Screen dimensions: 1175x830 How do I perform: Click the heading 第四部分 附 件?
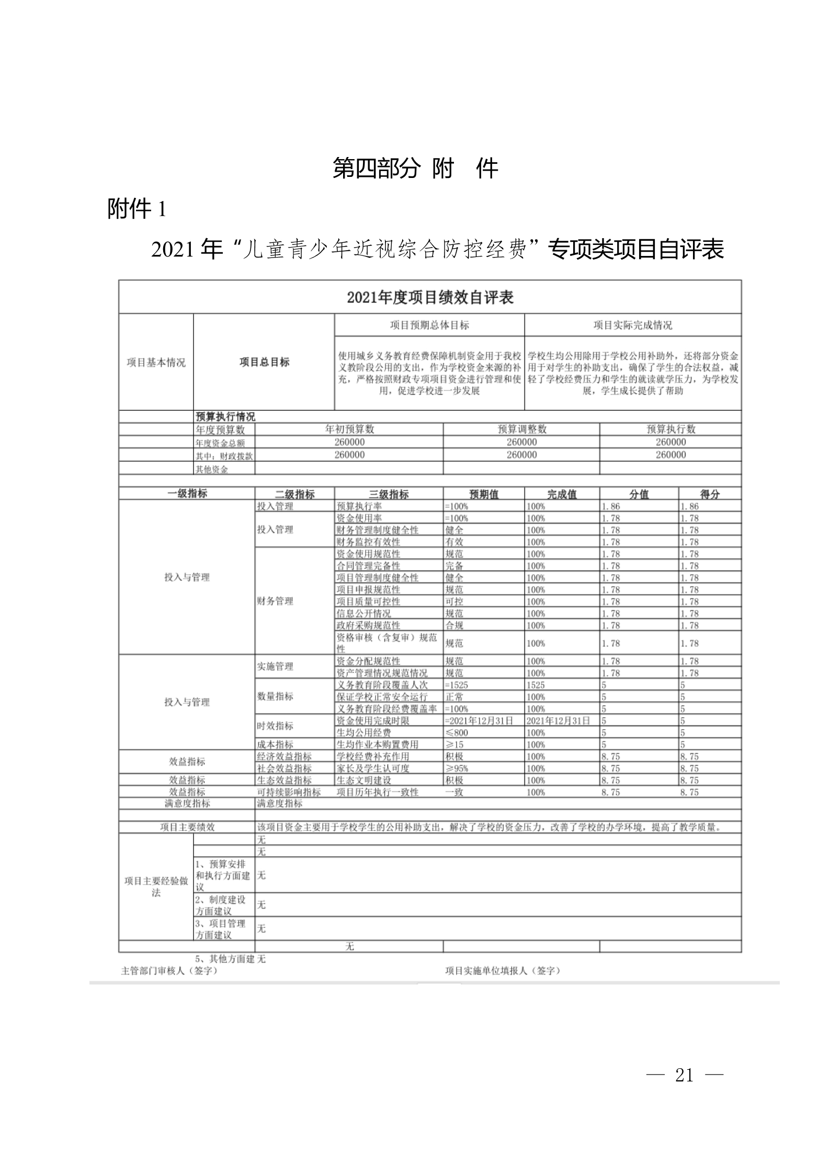click(x=415, y=169)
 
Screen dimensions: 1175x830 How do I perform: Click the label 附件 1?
click(x=137, y=210)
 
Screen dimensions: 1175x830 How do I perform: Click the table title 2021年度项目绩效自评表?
click(x=430, y=297)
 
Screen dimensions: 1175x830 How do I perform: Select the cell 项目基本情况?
click(x=156, y=363)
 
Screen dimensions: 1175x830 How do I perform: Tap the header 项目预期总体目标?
click(x=429, y=325)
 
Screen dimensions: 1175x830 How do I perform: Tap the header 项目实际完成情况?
click(x=632, y=325)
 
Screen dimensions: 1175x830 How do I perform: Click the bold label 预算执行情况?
click(x=225, y=417)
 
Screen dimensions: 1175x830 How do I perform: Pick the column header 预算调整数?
click(x=521, y=429)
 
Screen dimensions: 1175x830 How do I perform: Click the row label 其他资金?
click(x=212, y=469)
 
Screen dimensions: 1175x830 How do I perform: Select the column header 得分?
click(x=710, y=494)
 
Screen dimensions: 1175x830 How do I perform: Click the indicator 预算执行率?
click(x=359, y=506)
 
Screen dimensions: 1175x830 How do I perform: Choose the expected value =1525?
click(x=457, y=685)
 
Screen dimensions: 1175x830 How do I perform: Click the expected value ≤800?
click(x=457, y=733)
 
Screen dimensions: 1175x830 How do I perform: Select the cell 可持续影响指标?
click(x=288, y=792)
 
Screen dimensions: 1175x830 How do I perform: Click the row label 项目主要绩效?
click(x=187, y=827)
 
